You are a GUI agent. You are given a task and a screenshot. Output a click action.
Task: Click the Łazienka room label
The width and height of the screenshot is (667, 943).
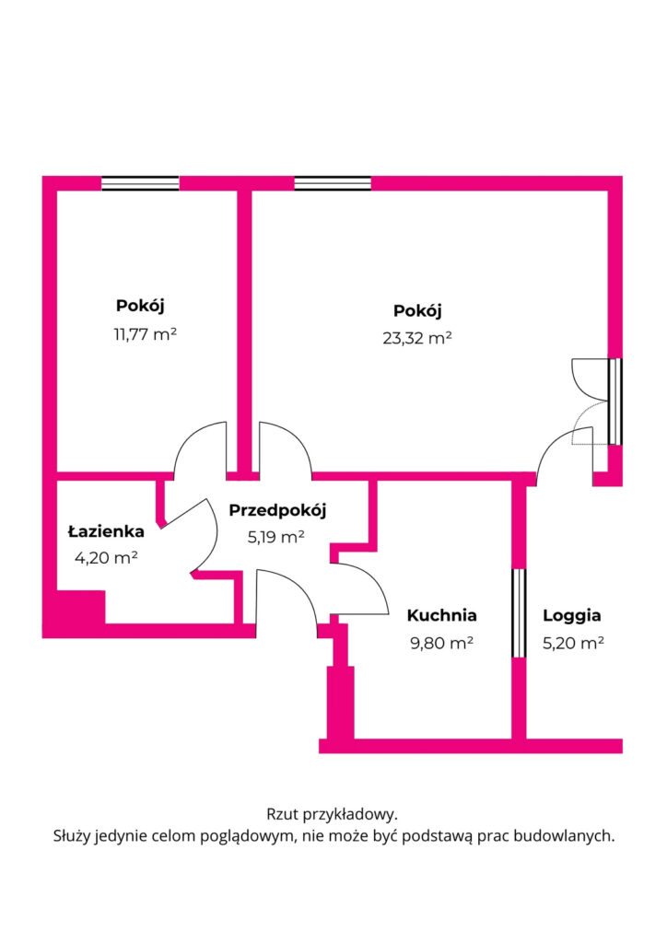point(106,531)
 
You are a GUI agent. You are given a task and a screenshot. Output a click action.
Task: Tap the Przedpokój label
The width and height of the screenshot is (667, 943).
point(277,510)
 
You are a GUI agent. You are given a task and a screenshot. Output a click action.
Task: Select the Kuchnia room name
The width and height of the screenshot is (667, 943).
point(441,615)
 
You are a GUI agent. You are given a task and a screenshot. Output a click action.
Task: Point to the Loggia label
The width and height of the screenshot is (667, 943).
point(571,615)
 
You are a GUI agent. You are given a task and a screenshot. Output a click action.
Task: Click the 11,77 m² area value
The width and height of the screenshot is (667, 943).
point(145,334)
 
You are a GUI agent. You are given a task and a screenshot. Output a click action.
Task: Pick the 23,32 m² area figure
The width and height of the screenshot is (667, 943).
point(416,337)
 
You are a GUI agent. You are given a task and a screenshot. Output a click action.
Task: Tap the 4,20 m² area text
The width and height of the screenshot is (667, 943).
point(106,556)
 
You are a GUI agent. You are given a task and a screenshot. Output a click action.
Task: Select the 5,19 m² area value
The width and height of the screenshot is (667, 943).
point(275,537)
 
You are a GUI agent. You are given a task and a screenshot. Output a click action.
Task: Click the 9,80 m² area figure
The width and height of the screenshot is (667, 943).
point(440,643)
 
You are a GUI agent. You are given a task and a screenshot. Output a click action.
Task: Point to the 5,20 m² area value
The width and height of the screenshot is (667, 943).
point(572,643)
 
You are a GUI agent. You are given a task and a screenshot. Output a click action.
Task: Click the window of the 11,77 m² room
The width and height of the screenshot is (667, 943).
point(140,183)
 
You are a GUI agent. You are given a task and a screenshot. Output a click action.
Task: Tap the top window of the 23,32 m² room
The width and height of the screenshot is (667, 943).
point(333,183)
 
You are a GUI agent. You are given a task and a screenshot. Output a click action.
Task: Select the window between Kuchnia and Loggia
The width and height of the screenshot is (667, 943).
point(519,613)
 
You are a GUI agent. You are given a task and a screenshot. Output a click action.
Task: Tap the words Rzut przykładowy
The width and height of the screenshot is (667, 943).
point(332,814)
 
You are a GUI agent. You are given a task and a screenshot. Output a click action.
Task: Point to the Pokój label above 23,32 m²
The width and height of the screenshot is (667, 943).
point(416,309)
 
